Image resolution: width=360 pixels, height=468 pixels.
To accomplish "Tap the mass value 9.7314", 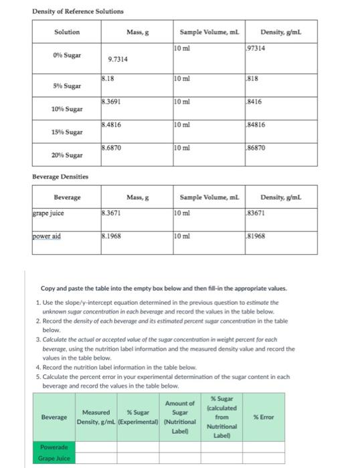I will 118,59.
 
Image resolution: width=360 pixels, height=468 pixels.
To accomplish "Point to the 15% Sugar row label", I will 66,132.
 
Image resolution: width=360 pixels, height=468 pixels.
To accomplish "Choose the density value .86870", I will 257,147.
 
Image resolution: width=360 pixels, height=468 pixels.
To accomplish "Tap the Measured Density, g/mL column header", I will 95,417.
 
